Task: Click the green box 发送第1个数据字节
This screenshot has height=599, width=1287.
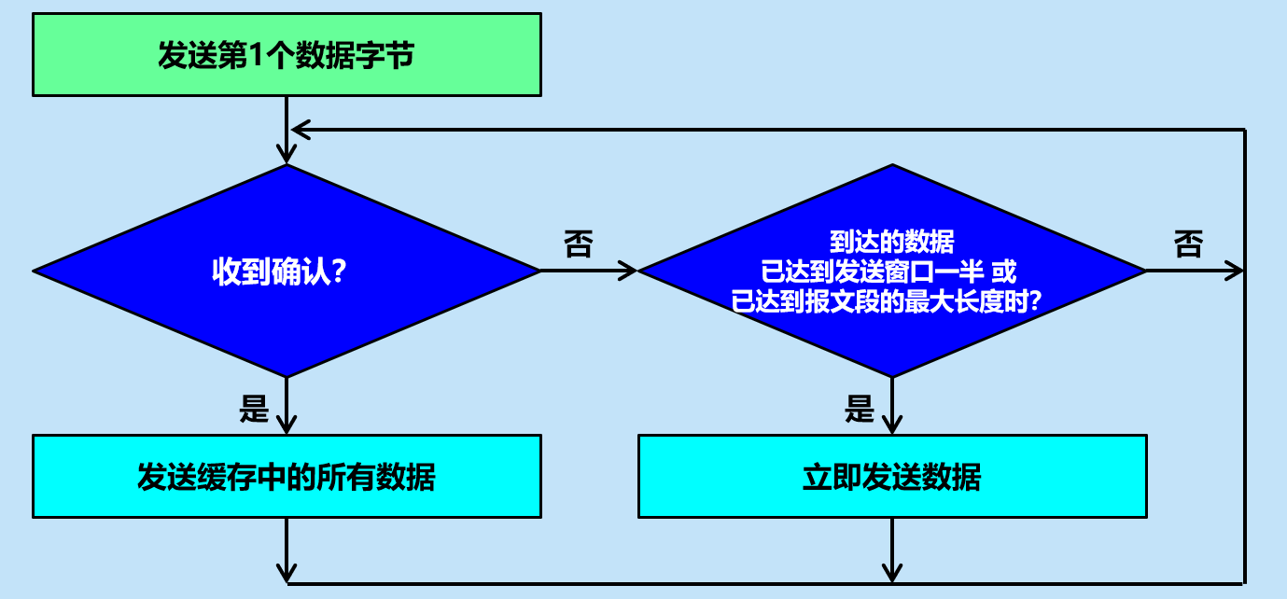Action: pos(287,54)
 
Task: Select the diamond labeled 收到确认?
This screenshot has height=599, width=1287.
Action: pos(287,271)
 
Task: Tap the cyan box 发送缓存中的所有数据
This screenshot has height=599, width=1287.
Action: pos(287,476)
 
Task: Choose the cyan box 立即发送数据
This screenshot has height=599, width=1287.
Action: pos(892,476)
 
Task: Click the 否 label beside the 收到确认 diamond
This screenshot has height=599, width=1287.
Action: pos(578,244)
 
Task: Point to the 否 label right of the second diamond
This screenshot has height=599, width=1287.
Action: pos(1188,244)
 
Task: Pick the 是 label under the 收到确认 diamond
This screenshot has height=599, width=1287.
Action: pos(254,408)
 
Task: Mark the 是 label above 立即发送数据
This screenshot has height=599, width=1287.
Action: pos(859,408)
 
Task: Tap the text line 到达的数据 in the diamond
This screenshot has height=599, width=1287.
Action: pos(892,243)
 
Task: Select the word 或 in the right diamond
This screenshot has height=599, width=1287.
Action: pos(1003,272)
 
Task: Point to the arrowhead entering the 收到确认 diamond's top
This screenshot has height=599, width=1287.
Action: pos(287,156)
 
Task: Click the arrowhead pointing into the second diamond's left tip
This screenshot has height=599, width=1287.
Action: pos(628,271)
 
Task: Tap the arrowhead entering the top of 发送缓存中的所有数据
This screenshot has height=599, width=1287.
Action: pos(287,425)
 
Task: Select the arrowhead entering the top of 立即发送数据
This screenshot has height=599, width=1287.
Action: pos(892,425)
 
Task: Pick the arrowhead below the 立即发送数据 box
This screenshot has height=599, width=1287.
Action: pos(892,573)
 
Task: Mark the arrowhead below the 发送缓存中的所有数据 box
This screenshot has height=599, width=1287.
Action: pos(287,573)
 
